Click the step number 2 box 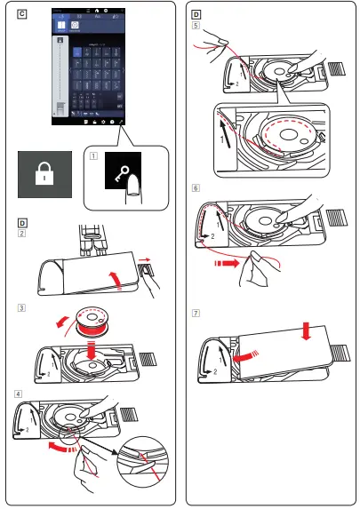[x=21, y=234]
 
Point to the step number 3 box [x=21, y=309]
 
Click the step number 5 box [x=196, y=26]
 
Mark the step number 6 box [x=196, y=189]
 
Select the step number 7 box [x=196, y=314]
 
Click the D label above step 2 [x=21, y=221]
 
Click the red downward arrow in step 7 [x=305, y=330]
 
